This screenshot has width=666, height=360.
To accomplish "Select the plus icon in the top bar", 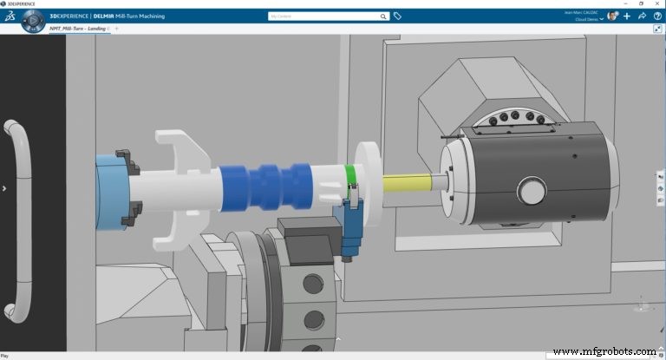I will point(626,16).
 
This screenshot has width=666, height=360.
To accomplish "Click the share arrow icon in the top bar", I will point(642,16).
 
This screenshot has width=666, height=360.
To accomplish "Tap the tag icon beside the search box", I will point(397,16).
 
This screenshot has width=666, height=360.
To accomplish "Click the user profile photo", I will point(612,16).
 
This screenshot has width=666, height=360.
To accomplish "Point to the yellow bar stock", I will point(408,184).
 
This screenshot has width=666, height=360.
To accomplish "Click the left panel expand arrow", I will point(4,187).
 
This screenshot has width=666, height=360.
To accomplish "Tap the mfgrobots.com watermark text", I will point(604,350).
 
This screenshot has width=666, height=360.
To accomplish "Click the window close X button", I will point(660,3).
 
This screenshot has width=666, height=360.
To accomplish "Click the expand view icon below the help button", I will point(657,29).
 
